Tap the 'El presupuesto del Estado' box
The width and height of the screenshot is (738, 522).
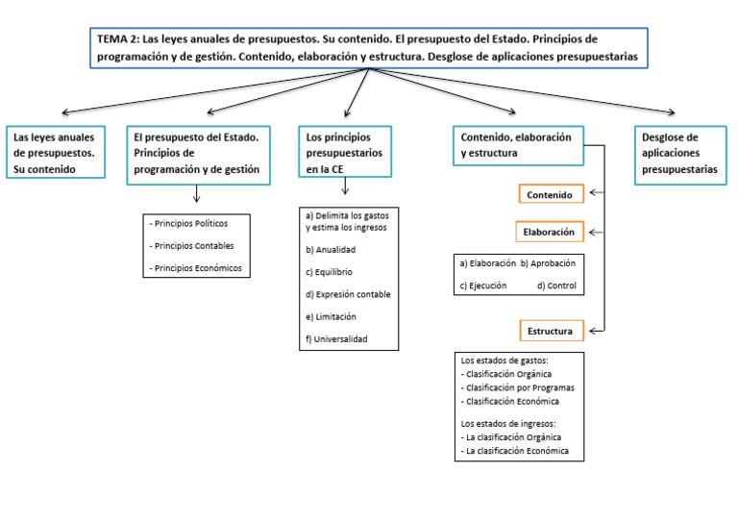(x=197, y=153)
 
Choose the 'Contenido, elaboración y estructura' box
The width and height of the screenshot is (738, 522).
(x=517, y=145)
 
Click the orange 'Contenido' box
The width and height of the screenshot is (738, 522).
(x=551, y=195)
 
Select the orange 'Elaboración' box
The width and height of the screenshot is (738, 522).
(x=550, y=232)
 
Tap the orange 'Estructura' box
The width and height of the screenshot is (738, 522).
(x=551, y=332)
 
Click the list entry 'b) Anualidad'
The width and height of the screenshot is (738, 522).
(x=330, y=249)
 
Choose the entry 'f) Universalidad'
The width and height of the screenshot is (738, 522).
(x=336, y=338)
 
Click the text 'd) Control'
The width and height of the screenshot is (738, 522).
(x=556, y=285)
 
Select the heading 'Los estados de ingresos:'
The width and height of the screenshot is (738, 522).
(x=508, y=423)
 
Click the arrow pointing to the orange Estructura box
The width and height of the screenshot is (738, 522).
(x=596, y=332)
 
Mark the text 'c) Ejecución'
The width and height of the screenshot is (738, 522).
(x=483, y=285)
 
